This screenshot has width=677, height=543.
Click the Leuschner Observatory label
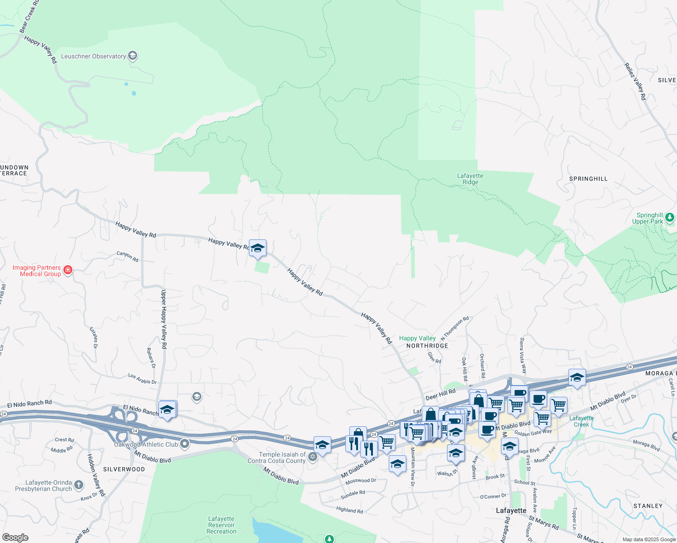tap(94, 56)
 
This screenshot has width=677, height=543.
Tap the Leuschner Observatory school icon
tap(133, 56)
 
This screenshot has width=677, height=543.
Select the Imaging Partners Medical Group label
tap(37, 271)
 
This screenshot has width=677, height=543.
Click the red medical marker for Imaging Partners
tap(68, 270)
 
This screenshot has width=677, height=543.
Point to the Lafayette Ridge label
tap(470, 179)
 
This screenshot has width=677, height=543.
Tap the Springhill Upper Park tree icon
tap(669, 218)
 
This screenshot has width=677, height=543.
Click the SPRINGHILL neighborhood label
tap(588, 179)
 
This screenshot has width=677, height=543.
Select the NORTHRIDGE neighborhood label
tap(427, 346)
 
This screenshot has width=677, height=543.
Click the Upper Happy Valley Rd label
tap(164, 319)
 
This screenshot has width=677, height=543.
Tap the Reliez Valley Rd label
tap(635, 81)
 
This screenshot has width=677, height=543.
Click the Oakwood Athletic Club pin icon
tap(185, 444)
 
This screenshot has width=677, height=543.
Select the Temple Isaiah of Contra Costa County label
tap(277, 457)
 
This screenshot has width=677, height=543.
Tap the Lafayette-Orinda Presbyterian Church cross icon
tap(79, 486)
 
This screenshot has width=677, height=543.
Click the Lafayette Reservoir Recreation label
tap(221, 525)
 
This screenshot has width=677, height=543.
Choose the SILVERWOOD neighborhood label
tap(124, 469)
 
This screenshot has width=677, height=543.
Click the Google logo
tap(15, 538)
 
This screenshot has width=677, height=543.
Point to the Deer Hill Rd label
tap(440, 394)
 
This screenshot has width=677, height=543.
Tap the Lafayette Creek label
tap(582, 421)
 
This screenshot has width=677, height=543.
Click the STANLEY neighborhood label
tap(648, 506)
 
